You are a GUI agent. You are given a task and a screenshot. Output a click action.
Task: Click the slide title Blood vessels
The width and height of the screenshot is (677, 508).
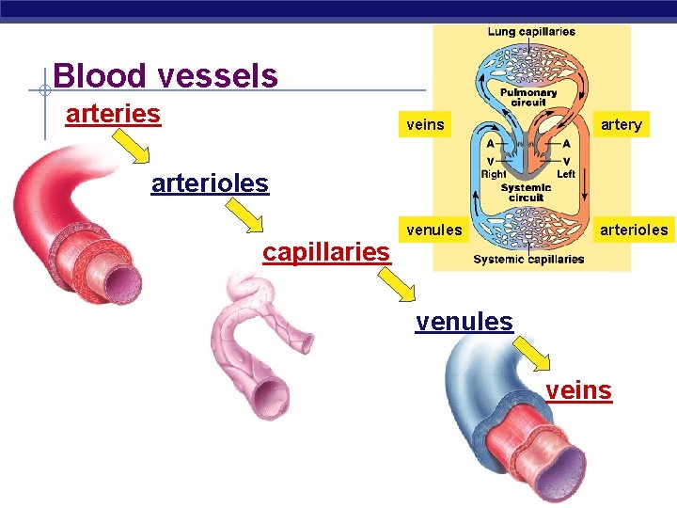(165, 75)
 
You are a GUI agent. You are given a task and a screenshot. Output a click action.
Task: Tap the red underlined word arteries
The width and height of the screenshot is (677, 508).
(113, 114)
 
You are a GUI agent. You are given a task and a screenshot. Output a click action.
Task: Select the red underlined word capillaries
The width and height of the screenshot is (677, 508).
(326, 252)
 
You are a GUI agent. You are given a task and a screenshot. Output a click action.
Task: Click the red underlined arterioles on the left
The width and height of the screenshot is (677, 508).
(210, 183)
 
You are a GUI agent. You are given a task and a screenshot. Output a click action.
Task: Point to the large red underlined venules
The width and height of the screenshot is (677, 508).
(464, 322)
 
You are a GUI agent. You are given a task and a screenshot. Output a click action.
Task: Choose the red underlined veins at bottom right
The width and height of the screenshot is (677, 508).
(578, 389)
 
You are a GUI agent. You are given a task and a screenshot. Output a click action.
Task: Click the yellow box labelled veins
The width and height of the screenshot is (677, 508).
(425, 124)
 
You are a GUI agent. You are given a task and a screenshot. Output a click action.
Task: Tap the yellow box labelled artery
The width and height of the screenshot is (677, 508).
(621, 124)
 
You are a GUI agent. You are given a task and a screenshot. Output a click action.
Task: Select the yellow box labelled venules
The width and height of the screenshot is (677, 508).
(433, 230)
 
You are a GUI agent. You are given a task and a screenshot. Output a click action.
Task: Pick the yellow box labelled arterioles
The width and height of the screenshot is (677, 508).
(635, 230)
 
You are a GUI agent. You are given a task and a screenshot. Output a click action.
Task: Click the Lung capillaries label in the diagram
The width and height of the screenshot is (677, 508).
(531, 32)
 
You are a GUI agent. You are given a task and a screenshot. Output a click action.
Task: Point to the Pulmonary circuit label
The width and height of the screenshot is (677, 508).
(528, 99)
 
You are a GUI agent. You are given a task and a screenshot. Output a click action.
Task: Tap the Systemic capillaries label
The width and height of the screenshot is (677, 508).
(528, 260)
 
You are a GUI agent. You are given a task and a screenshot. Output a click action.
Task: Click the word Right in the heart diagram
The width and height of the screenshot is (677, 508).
(494, 174)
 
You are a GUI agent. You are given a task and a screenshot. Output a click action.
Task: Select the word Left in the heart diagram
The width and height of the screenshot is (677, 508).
(565, 174)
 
